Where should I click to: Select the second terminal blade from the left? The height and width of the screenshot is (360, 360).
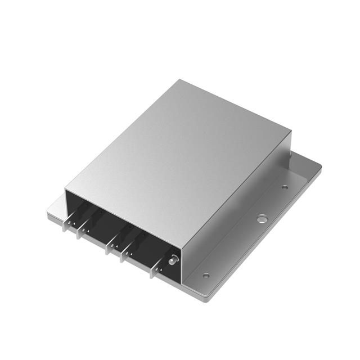pos(84,228)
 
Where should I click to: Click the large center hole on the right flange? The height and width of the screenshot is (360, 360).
pos(261,218)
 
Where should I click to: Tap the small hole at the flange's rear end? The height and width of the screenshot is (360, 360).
pos(285,187)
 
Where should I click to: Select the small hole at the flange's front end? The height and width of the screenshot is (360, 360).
pos(206,276)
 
